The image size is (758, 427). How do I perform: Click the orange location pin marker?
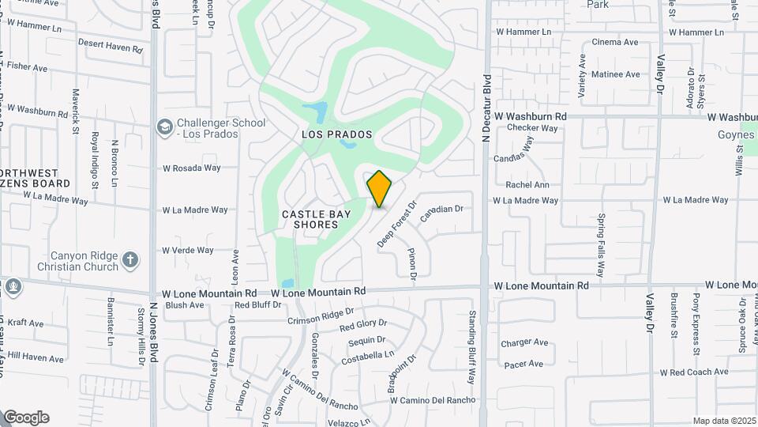pos(379,189)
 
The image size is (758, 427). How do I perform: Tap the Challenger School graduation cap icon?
pos(165,127)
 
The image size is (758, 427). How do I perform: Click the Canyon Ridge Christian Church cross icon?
pos(130,259)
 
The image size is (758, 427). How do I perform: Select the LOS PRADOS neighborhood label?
pos(336,134)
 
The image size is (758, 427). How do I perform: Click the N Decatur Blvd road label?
pos(487,108)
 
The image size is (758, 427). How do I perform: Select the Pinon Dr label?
pos(412,263)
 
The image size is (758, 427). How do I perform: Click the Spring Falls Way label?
pos(602,244)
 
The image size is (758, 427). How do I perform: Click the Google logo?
pos(26,418)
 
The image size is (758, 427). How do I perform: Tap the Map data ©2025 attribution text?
pos(724,421)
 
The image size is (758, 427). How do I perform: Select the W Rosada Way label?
pos(192,168)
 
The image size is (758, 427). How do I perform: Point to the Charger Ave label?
pos(525,342)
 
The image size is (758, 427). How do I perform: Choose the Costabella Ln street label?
pos(367,357)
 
